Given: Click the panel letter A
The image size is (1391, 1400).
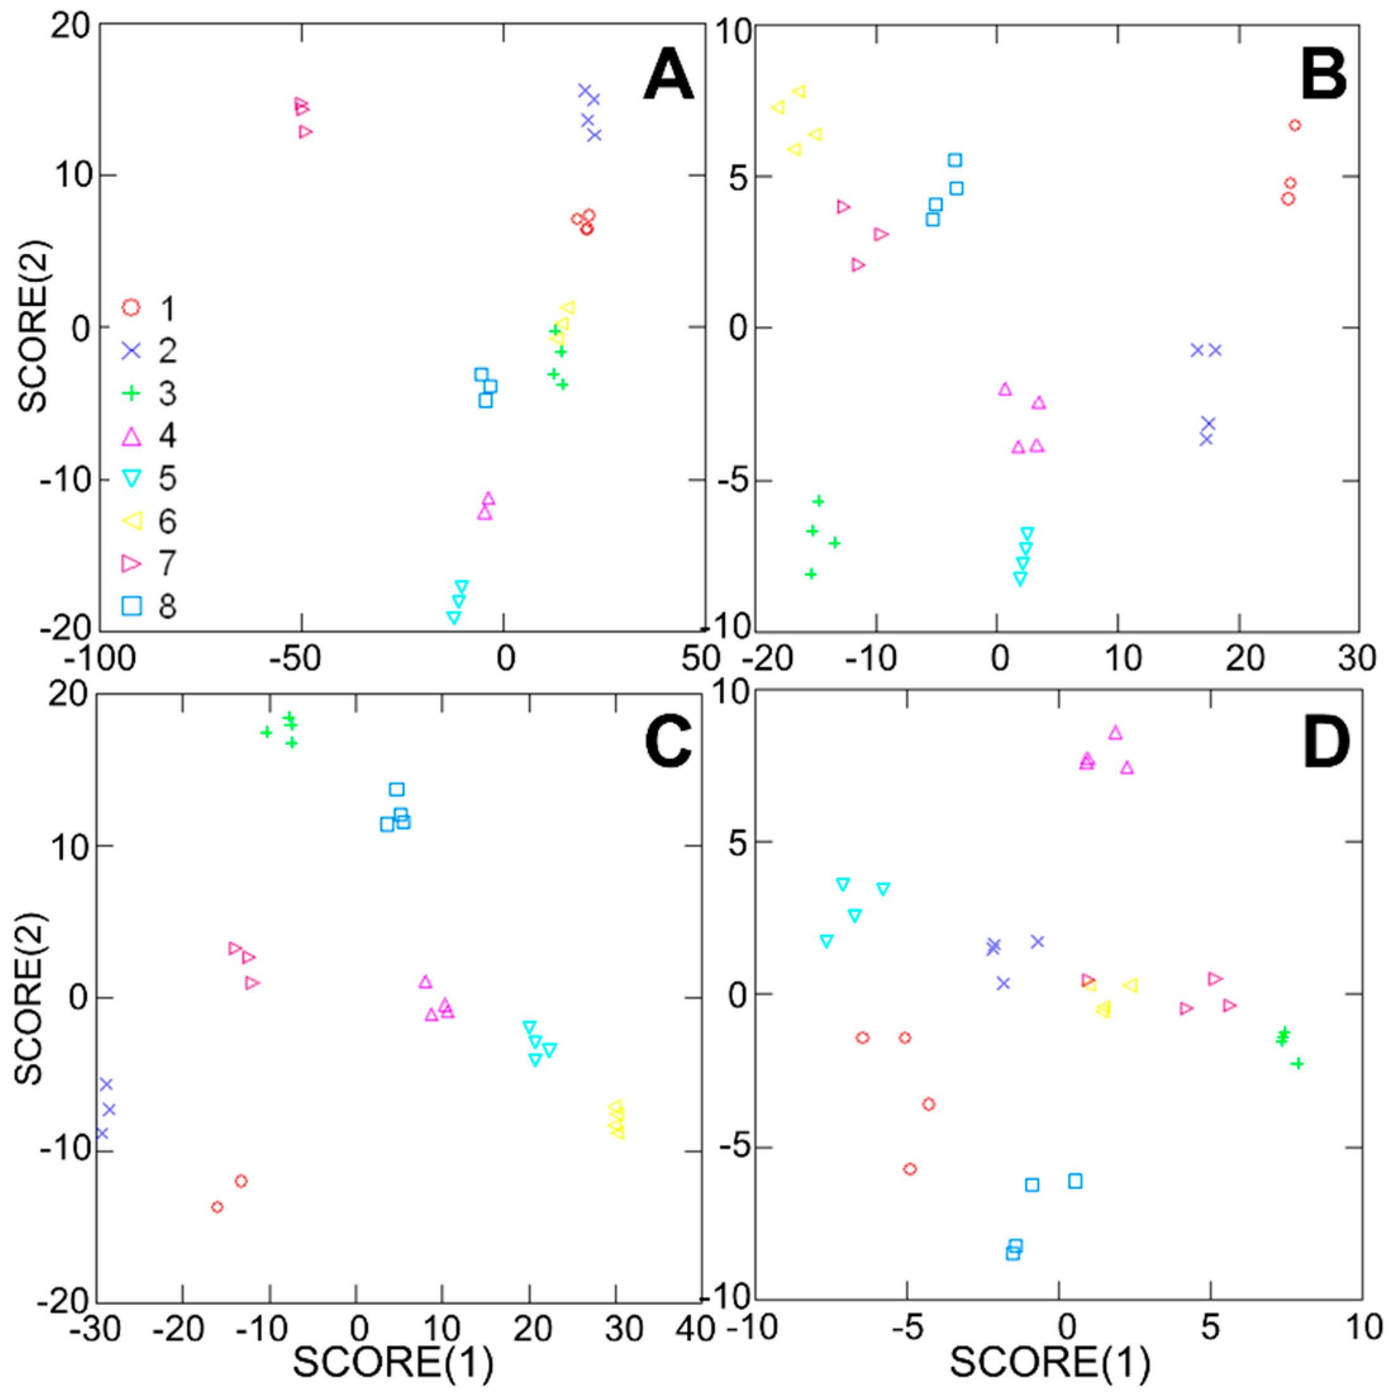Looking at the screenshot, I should (x=667, y=75).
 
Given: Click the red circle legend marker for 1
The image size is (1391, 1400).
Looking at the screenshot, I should (x=131, y=307).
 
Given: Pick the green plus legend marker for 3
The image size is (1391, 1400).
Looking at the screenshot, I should (x=131, y=393).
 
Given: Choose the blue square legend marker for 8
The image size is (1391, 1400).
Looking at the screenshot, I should (x=131, y=605).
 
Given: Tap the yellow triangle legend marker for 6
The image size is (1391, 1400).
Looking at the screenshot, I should (x=131, y=520).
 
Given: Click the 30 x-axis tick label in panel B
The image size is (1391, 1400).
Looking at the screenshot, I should (x=1356, y=658).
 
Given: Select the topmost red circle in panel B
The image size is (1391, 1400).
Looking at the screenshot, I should (x=1295, y=125).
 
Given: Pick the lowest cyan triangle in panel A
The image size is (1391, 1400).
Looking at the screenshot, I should (x=454, y=617).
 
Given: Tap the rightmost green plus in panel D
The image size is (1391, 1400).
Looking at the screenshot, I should (x=1297, y=1064).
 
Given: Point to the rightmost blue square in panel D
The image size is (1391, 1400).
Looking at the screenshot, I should (x=1075, y=1181).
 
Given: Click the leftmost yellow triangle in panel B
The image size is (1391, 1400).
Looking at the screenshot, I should (x=778, y=107).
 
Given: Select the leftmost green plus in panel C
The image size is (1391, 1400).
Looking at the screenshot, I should (x=266, y=733).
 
